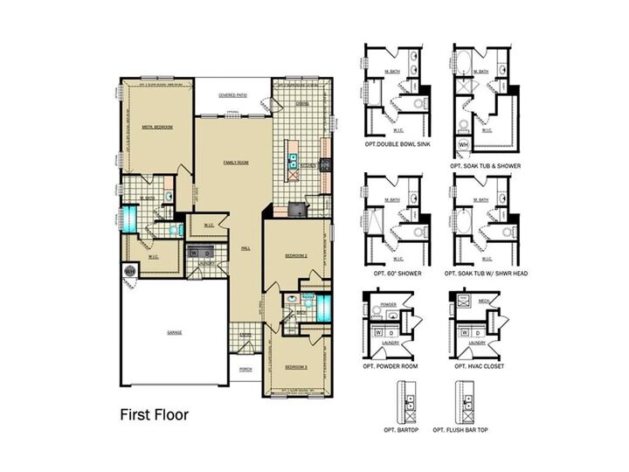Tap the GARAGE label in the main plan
(x=175, y=332)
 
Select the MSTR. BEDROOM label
(x=157, y=128)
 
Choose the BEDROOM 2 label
(x=297, y=255)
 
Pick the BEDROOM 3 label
(x=298, y=366)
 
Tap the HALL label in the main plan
(x=246, y=248)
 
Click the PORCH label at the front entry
(x=246, y=369)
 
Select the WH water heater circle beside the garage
(x=129, y=271)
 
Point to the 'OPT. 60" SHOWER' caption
(x=394, y=274)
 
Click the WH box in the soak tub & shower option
(x=463, y=144)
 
